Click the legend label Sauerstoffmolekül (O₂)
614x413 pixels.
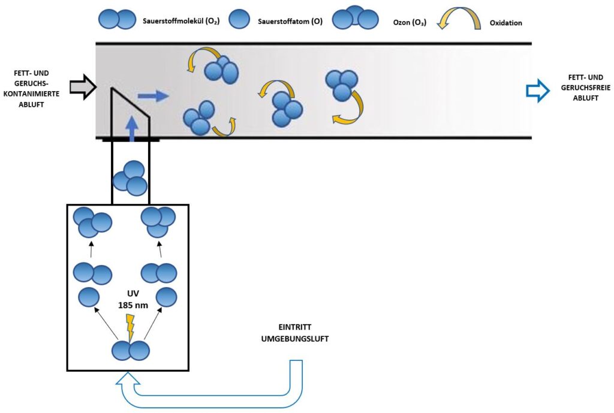(x=180, y=22)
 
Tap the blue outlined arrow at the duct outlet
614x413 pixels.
(x=537, y=90)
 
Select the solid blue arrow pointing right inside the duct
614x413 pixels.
(x=153, y=95)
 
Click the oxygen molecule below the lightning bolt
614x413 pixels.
(x=130, y=350)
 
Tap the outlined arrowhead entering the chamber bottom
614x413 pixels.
(x=130, y=379)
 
